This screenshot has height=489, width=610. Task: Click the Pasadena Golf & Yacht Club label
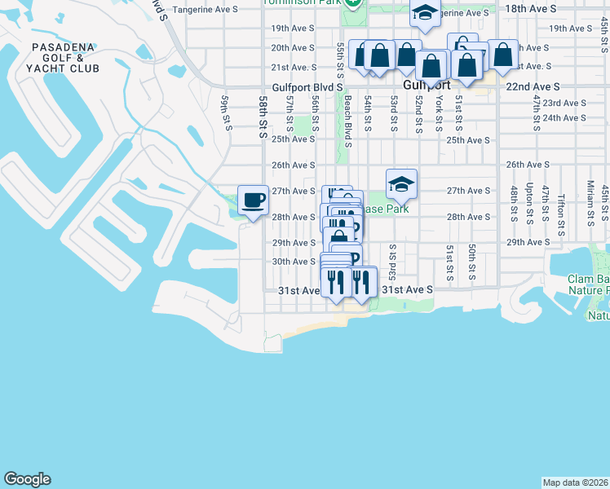(65, 58)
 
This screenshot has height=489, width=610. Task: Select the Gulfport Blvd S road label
(307, 86)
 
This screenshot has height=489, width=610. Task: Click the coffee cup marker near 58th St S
(253, 200)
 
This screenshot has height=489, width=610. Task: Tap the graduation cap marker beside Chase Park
(401, 184)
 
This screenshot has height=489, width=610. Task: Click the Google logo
(27, 479)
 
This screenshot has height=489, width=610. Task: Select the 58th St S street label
(263, 117)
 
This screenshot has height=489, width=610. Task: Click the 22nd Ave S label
(533, 86)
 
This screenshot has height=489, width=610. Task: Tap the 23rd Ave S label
(564, 104)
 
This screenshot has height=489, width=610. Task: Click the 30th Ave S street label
(293, 262)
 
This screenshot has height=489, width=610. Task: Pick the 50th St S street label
(472, 264)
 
